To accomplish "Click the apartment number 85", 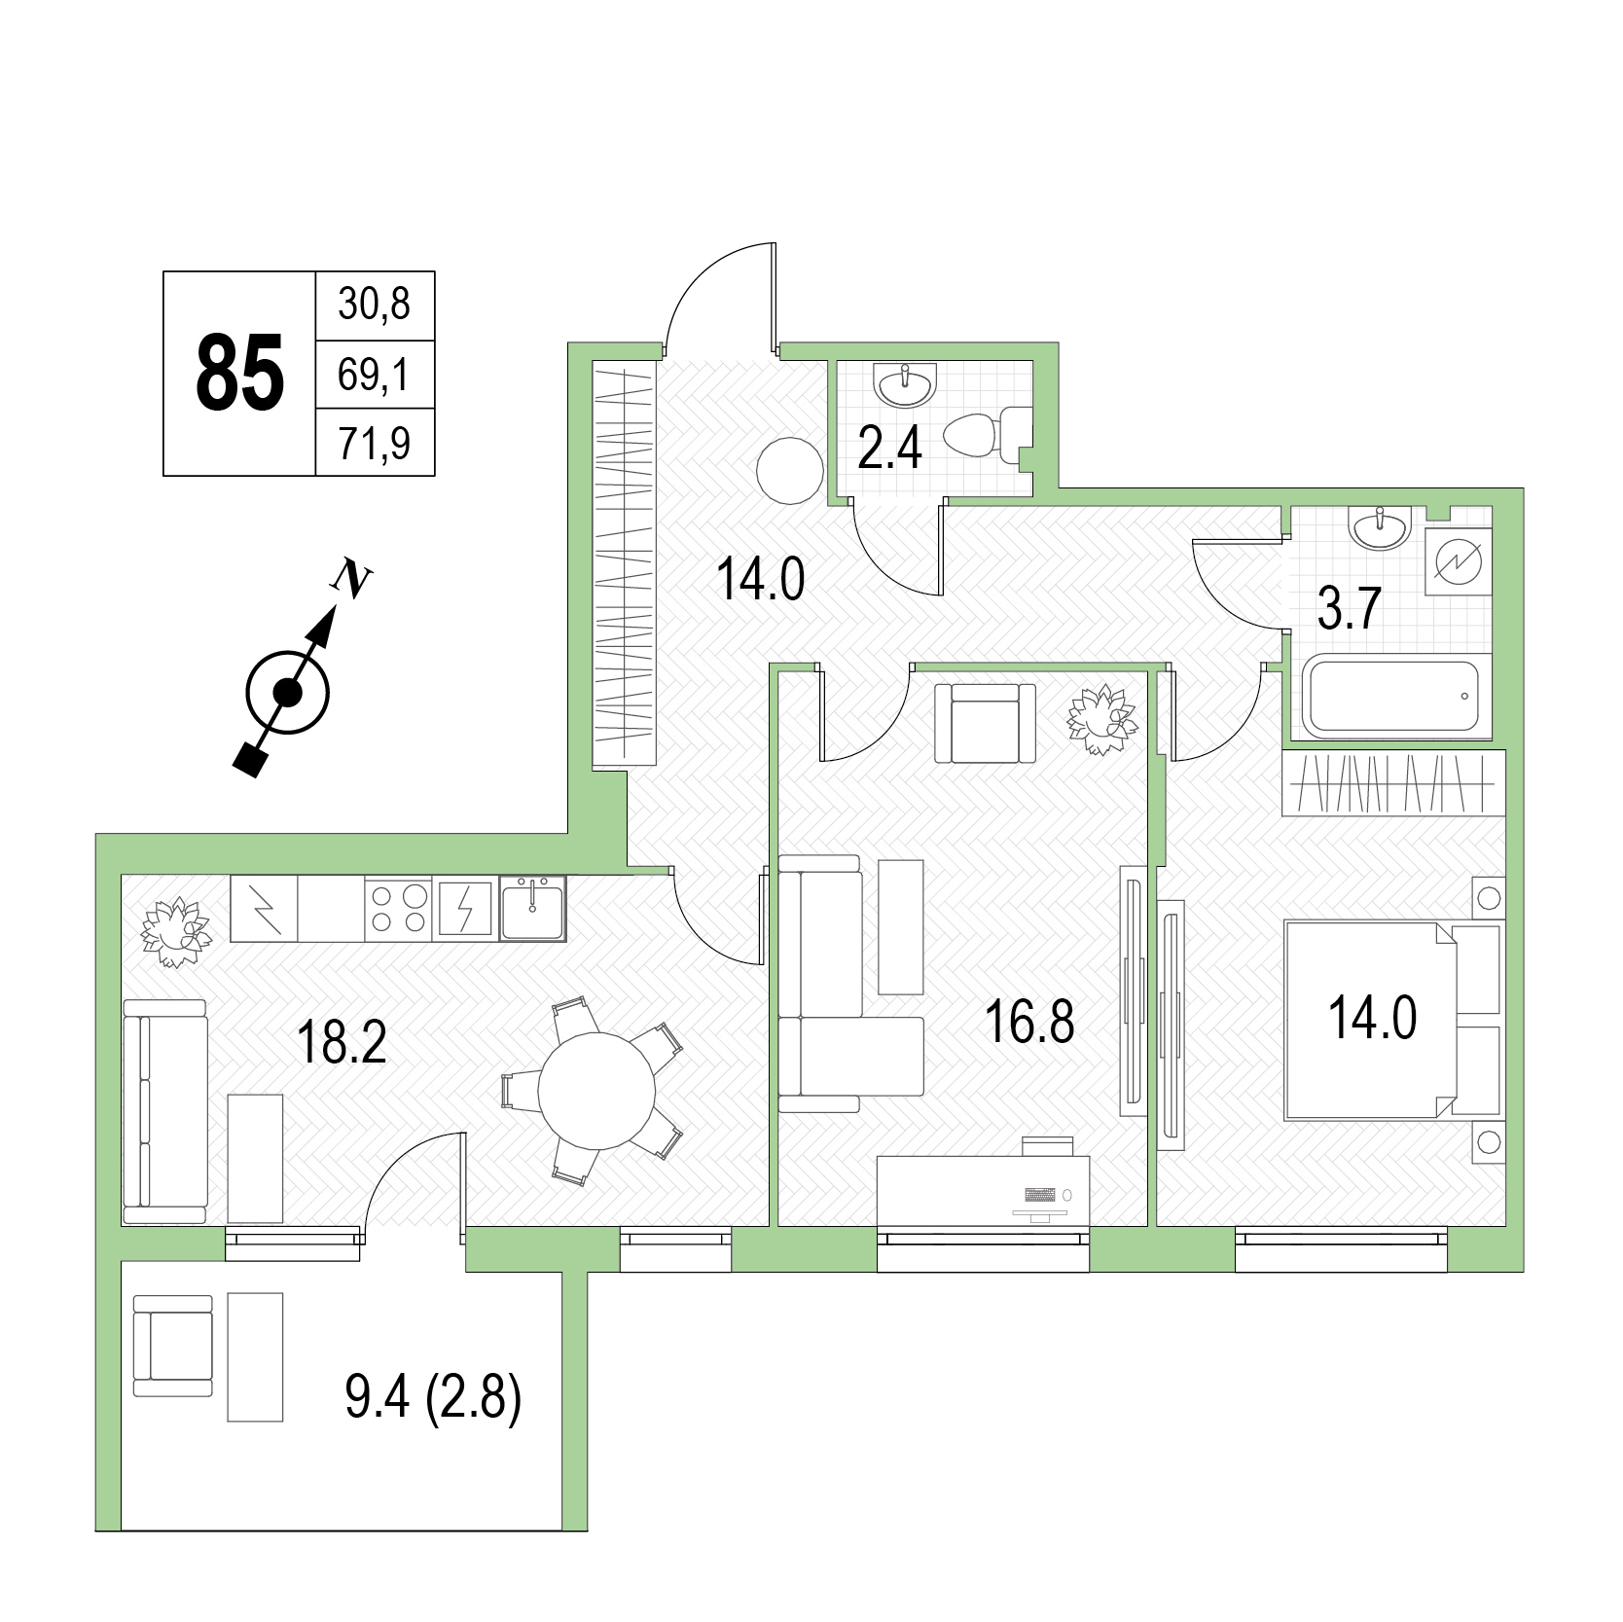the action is (240, 373).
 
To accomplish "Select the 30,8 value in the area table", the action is (375, 304).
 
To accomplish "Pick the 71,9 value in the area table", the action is (375, 443).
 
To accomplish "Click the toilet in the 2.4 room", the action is (987, 436).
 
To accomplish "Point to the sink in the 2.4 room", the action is (906, 385).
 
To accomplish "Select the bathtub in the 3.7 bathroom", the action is (1393, 697).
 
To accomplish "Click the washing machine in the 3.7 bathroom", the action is (1458, 561).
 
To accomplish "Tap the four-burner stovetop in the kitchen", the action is (399, 909).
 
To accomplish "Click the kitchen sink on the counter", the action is (532, 908).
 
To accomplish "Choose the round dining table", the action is (596, 1091).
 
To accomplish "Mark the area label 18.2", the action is (342, 1042).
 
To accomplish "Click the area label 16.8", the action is (1029, 1022).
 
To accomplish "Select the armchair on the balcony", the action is (173, 1346).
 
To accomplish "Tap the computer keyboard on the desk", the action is (1039, 1194).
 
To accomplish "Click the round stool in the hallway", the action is (789, 470).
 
